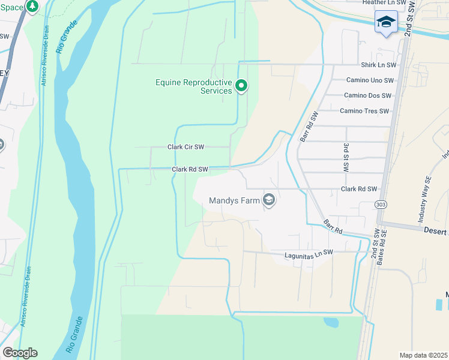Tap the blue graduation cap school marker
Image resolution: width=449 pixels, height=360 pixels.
[385, 22]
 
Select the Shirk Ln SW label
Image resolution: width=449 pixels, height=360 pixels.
[378, 65]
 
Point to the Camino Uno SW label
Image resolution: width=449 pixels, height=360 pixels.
[370, 80]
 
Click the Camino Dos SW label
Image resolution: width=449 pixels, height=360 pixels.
[367, 95]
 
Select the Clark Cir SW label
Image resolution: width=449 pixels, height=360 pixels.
[185, 147]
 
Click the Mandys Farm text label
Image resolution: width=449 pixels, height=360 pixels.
[234, 201]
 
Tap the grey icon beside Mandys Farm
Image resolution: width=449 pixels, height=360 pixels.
[269, 200]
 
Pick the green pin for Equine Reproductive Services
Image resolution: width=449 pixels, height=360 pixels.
[241, 86]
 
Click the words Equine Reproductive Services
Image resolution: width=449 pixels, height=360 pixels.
[193, 86]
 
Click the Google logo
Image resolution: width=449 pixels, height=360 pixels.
[20, 353]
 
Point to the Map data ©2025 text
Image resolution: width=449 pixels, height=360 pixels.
[423, 355]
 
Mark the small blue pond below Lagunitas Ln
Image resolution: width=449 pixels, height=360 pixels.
[331, 323]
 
